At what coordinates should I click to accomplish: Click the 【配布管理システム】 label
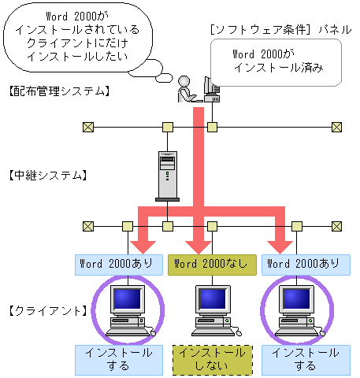coord(58,92)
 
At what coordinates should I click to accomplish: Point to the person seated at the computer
coord(187,88)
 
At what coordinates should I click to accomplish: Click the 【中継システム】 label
coord(46,175)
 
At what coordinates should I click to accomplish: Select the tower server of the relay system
coord(167,174)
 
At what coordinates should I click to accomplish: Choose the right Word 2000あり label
coord(303,264)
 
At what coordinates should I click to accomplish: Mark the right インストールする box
coord(304,358)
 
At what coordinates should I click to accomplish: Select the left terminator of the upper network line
coord(88,127)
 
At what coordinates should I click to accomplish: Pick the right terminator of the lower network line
coord(337,225)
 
